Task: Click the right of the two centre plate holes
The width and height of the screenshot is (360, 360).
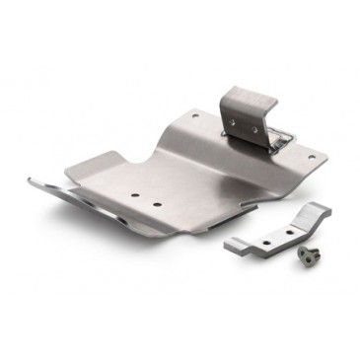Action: pyautogui.click(x=156, y=203)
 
